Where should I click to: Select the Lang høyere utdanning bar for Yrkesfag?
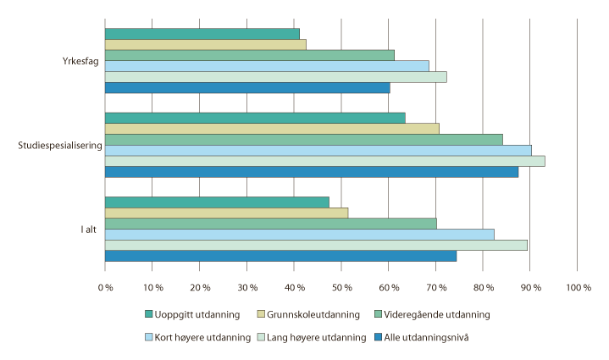click(275, 77)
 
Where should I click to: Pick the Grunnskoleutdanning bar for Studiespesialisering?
click(272, 129)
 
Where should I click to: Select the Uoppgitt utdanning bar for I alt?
click(217, 202)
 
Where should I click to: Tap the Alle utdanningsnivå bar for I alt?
click(280, 256)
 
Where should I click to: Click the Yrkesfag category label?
click(80, 61)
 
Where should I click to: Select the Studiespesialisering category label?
click(60, 145)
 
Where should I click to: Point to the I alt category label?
click(87, 229)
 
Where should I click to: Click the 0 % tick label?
click(105, 288)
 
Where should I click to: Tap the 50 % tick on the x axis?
click(341, 288)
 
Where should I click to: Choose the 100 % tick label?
click(578, 288)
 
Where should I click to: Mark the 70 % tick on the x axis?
click(435, 288)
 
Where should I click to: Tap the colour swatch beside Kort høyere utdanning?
click(149, 337)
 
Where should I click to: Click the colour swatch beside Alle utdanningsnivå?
click(378, 337)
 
